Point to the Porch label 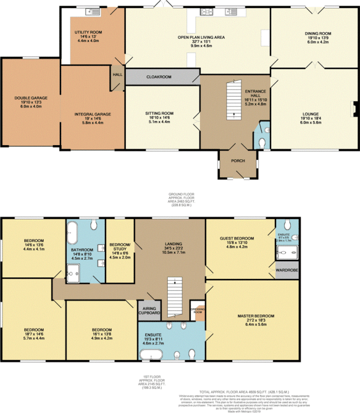coord(238,161)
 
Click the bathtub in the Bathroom coord(72,235)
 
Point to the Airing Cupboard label coord(149,310)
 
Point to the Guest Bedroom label coord(237,238)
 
